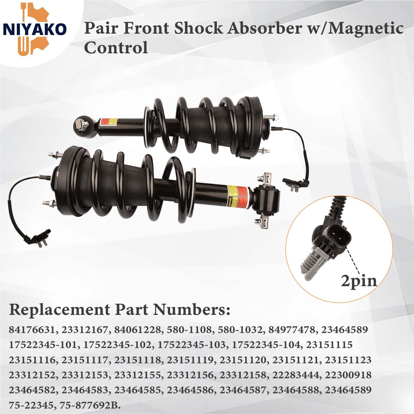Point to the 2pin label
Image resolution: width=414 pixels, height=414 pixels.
pyautogui.click(x=359, y=281)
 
